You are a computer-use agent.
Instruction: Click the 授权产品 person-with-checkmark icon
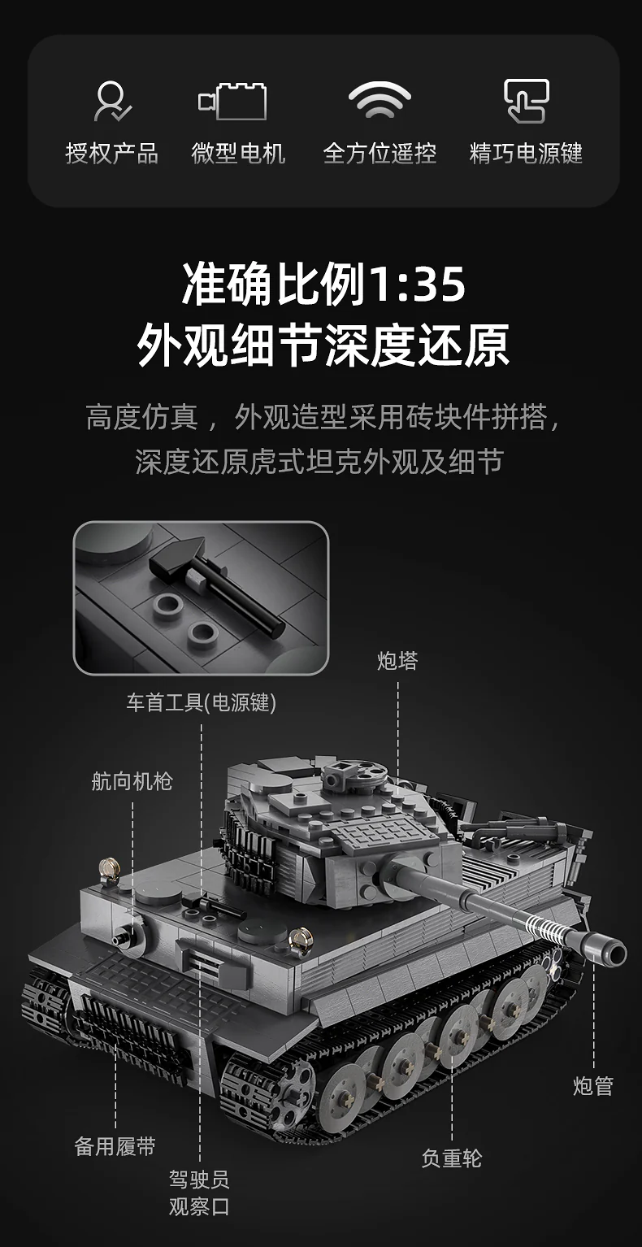coord(112,101)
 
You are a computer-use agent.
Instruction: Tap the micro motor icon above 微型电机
coord(233,101)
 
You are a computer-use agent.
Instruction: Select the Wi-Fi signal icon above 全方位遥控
coord(380,100)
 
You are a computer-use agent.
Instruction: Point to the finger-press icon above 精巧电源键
coord(526,101)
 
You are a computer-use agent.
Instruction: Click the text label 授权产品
coord(112,153)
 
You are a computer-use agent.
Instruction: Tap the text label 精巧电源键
coord(526,153)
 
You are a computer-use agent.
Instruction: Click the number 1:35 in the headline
coord(418,285)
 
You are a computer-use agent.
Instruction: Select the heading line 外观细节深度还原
coord(323,345)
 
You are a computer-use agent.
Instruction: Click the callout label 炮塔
coord(397,661)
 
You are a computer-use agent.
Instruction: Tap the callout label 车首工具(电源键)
coord(201,702)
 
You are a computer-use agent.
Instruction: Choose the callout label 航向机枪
coord(132,781)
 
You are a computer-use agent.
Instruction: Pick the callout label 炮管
coord(593,1086)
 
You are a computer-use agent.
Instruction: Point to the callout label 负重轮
coord(452,1158)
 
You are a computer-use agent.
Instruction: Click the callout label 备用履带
coord(115,1146)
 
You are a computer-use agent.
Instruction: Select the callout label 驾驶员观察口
coord(200,1193)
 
